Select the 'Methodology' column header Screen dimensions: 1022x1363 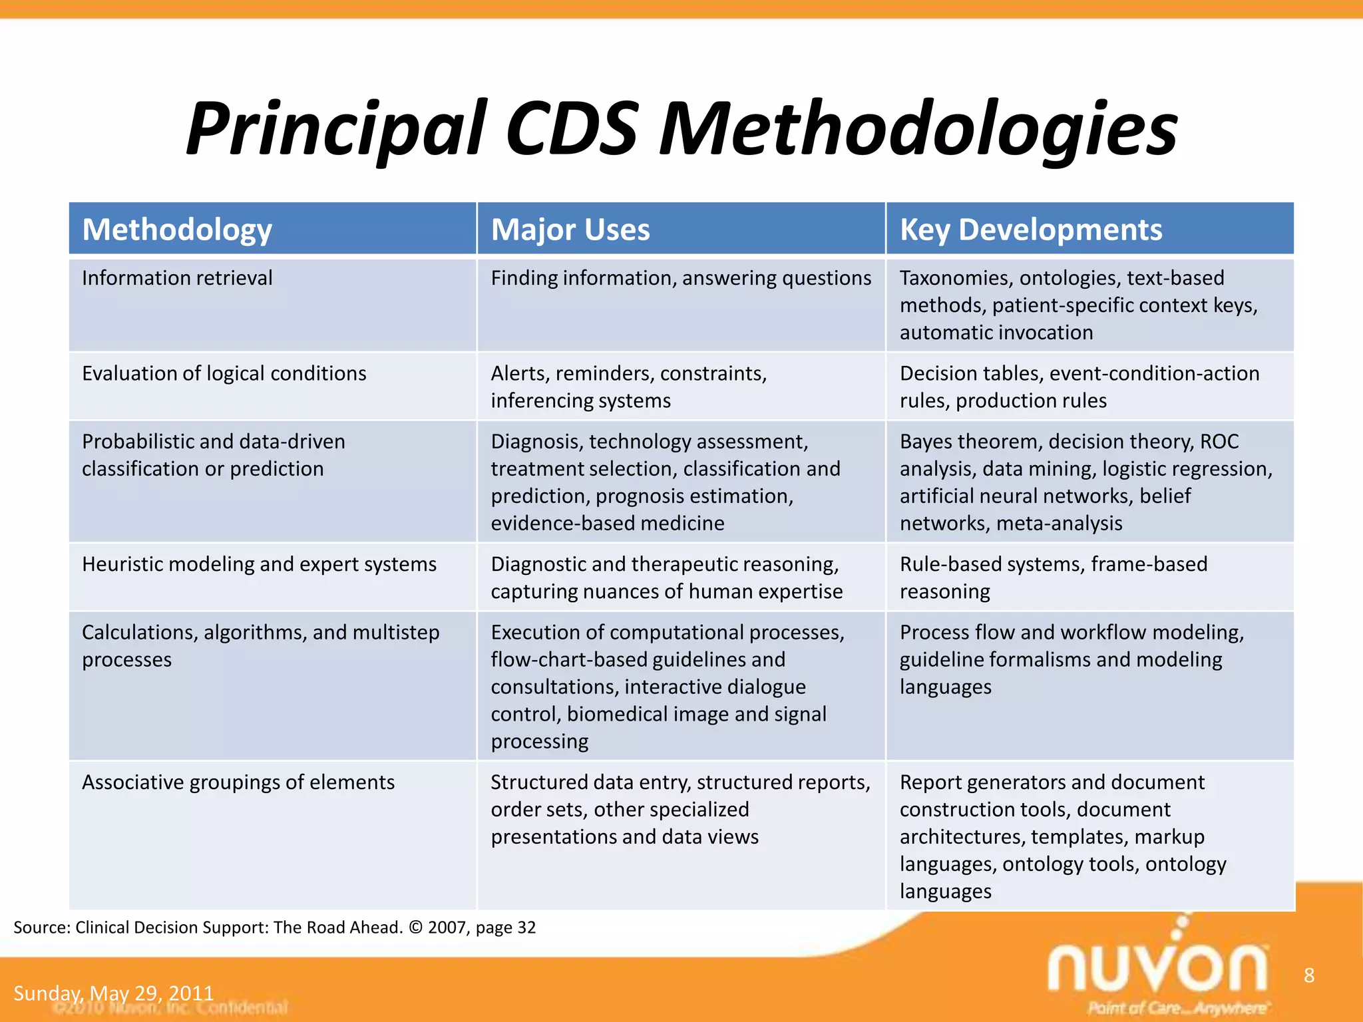(177, 230)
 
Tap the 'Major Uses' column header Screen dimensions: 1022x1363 (570, 230)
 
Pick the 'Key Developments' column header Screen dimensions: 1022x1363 (1031, 230)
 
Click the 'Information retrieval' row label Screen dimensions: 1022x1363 (177, 278)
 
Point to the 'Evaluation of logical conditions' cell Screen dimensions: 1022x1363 (224, 373)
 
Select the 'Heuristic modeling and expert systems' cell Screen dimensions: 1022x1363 (259, 564)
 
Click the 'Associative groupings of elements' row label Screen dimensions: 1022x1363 (238, 782)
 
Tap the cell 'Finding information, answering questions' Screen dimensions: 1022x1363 (681, 278)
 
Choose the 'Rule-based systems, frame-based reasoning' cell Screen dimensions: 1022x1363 (1053, 578)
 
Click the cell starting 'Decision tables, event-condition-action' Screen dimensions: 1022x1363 (1079, 387)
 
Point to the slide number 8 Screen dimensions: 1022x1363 (1309, 975)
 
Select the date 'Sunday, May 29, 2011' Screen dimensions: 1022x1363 (114, 993)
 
